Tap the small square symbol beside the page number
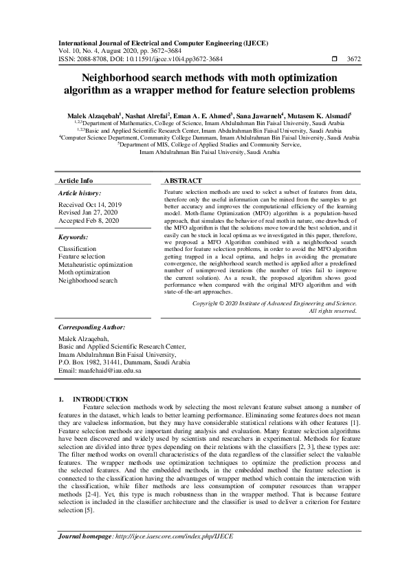[334, 59]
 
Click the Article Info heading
[76, 180]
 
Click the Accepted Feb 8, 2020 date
[88, 220]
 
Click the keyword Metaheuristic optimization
[96, 264]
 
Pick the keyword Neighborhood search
[87, 281]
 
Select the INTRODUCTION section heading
[100, 399]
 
